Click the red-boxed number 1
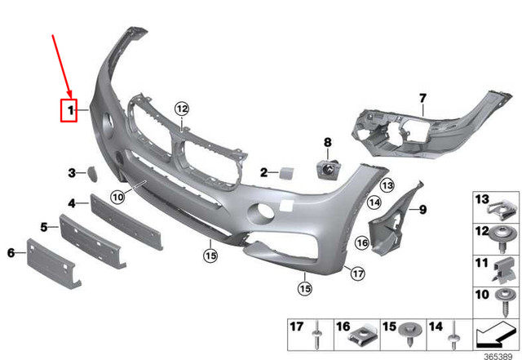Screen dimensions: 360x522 click(x=72, y=109)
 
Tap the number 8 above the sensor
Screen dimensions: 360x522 click(x=327, y=143)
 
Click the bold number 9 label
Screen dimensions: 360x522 click(x=423, y=210)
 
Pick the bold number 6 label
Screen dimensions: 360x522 click(x=11, y=253)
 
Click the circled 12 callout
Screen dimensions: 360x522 click(x=181, y=109)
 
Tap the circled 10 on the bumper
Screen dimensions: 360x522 click(x=117, y=197)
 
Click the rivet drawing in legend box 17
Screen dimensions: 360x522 click(x=316, y=334)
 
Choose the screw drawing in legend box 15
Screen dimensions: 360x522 click(x=407, y=334)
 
